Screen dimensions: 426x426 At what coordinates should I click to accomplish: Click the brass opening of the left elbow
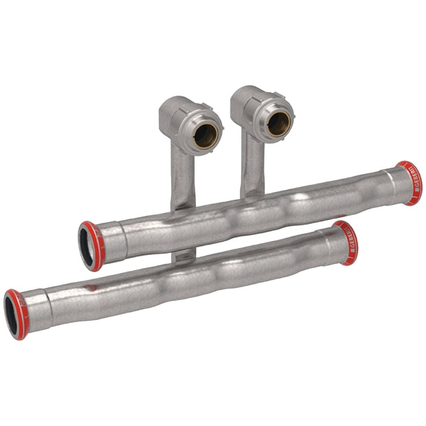coord(205,135)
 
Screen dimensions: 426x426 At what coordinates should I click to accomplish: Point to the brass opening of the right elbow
coord(278,124)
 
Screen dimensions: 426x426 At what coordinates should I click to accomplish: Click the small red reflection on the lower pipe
coord(91,287)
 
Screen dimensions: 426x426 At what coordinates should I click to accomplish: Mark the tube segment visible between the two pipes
coord(183,256)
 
